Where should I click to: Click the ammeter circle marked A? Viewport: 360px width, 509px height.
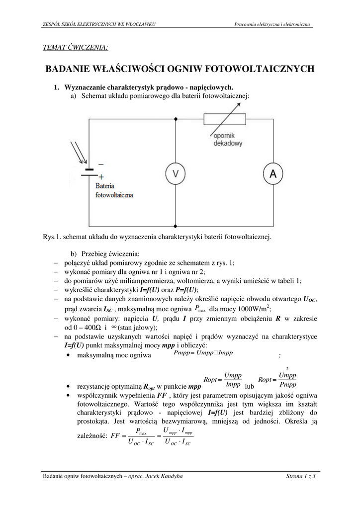(x=273, y=172)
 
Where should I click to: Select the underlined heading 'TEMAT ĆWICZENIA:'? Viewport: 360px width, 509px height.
(x=76, y=47)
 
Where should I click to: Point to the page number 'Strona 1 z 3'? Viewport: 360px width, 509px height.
(x=301, y=476)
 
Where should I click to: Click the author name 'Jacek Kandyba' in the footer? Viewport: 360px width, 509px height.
(x=166, y=476)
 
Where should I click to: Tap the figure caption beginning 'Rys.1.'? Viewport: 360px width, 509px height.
(x=158, y=237)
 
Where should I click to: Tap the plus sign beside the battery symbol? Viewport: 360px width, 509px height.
(x=101, y=176)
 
